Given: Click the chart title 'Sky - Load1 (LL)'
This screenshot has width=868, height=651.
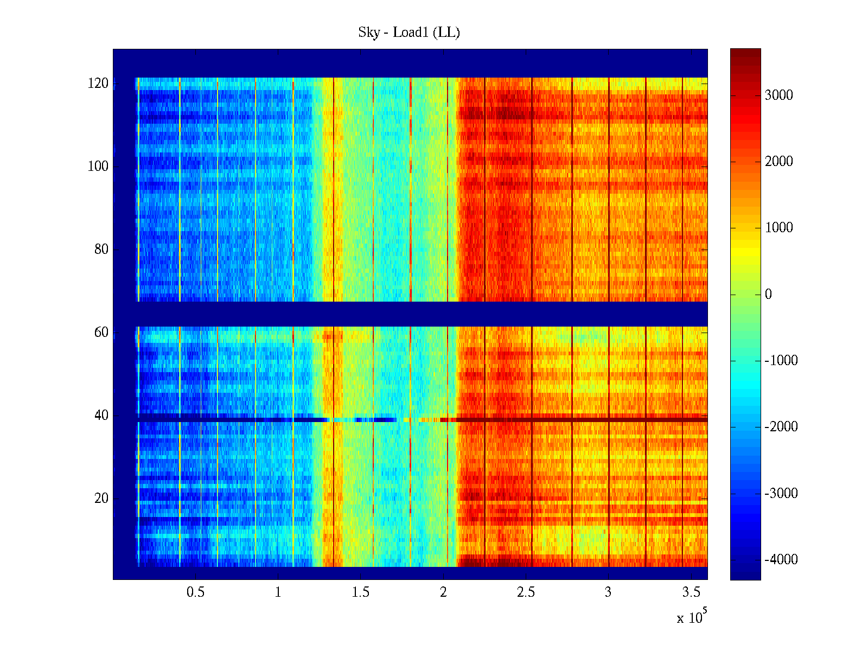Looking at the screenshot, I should tap(409, 33).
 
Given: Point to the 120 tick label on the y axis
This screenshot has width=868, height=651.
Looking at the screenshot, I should tap(98, 84).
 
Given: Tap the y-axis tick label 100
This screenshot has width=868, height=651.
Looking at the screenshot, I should tap(98, 167).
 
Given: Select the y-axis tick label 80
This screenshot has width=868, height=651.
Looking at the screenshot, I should tap(101, 250).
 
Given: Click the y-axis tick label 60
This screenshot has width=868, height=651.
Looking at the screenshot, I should tap(101, 333).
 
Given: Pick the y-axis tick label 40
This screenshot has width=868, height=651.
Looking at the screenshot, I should tap(101, 416).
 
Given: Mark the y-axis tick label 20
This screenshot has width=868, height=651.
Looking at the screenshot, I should tap(101, 499).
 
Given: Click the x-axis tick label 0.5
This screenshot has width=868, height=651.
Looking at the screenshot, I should tap(196, 592).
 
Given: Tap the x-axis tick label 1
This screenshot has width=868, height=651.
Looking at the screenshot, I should tap(278, 592).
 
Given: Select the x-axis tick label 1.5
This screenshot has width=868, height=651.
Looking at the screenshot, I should tap(361, 592).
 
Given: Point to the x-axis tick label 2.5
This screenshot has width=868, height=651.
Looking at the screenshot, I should tap(526, 592).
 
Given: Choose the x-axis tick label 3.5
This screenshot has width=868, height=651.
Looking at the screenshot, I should tap(691, 592).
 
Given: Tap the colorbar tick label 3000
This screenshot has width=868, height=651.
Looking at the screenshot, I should tap(779, 95).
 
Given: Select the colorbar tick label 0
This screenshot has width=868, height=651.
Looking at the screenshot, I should tap(768, 295).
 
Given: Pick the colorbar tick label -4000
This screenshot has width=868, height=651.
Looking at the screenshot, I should tap(781, 560).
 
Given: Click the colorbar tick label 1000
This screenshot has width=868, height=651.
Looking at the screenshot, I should tap(779, 228).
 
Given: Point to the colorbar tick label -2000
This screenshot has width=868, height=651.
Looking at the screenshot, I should tap(781, 427).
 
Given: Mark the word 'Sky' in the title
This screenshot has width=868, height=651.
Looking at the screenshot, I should tap(369, 33).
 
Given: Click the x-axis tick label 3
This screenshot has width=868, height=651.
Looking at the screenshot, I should tap(608, 592).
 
